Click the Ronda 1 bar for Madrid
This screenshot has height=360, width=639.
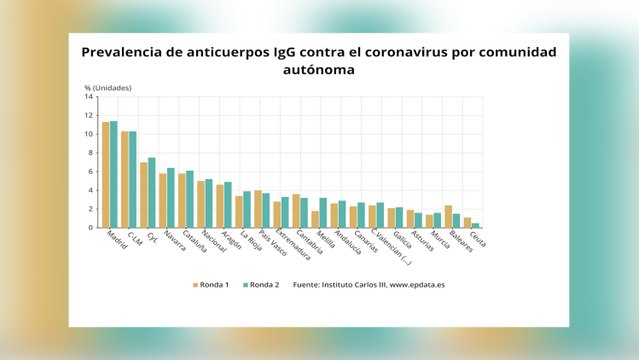coord(105,175)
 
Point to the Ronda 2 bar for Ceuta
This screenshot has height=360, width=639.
coord(476,225)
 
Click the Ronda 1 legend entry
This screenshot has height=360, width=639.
coord(211,285)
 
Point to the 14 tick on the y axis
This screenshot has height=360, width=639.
coord(89,97)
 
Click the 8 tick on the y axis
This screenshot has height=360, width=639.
coord(90,153)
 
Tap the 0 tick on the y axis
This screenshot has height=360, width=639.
coord(90,228)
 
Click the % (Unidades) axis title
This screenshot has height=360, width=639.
coord(108,87)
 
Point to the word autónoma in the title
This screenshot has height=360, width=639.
coord(319,70)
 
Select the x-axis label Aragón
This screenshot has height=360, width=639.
coord(231,243)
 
